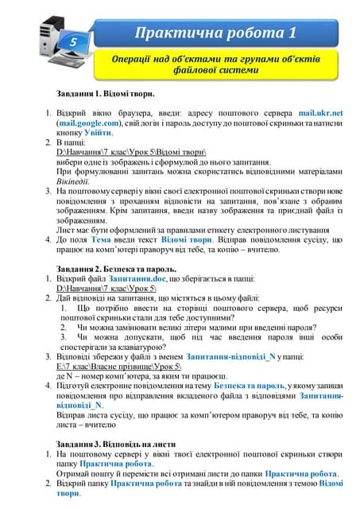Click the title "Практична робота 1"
215,34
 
